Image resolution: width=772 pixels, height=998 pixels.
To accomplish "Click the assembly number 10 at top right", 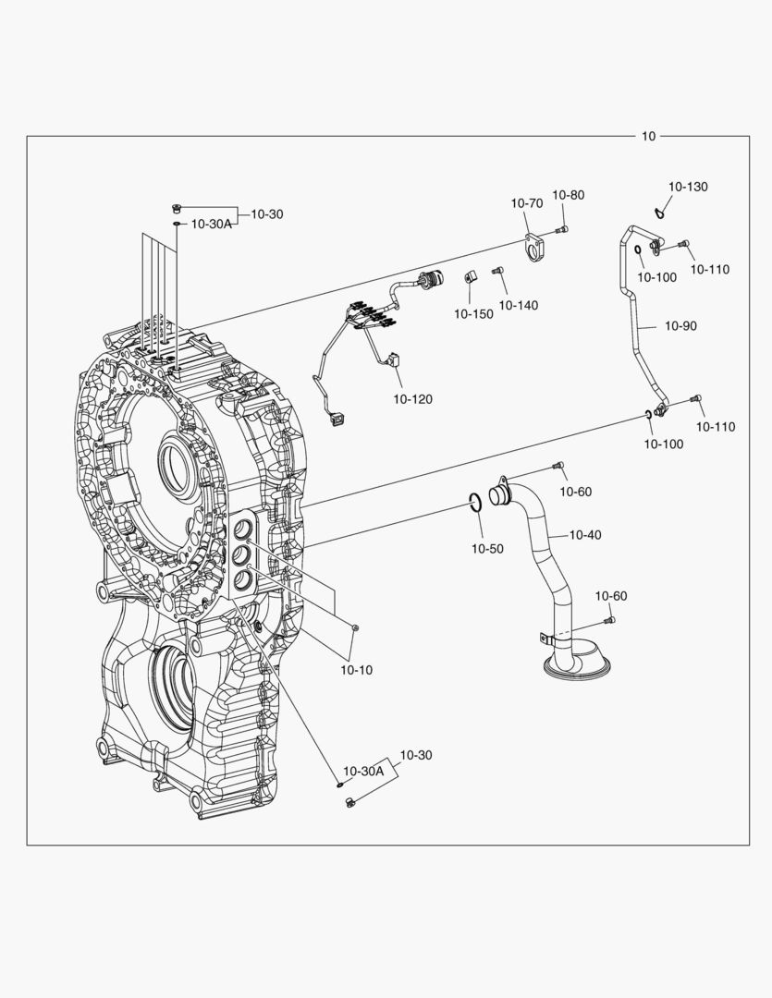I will click(x=648, y=136).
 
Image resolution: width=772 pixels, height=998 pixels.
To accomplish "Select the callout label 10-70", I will click(x=527, y=203).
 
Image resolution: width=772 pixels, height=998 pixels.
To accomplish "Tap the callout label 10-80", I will click(x=569, y=195).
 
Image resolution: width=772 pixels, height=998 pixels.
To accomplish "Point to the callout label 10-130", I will click(x=688, y=187).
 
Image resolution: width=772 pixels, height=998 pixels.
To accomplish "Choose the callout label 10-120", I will click(x=412, y=399).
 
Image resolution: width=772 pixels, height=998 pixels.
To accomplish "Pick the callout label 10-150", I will click(x=473, y=314).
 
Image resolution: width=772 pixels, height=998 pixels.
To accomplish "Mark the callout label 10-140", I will click(x=519, y=305).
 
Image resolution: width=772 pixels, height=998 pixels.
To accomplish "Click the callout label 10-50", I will click(x=487, y=548).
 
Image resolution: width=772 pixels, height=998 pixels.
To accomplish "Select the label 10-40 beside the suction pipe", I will click(x=584, y=534).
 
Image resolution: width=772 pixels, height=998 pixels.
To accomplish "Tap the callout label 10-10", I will click(x=356, y=669).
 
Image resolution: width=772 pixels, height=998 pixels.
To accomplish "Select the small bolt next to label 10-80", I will click(x=561, y=229).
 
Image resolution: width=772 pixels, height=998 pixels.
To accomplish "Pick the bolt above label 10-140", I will click(x=496, y=271).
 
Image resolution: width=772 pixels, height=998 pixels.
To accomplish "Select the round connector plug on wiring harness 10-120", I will click(x=428, y=280).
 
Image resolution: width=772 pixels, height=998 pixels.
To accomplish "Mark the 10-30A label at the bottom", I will click(x=363, y=771).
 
